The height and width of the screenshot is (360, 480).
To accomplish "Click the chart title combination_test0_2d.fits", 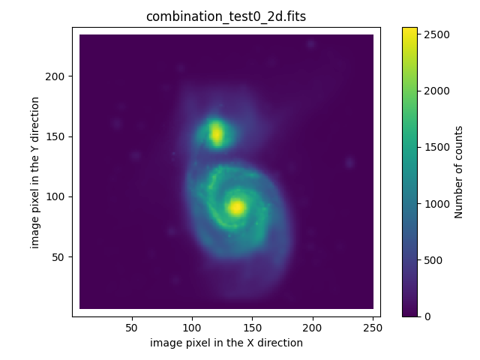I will click(226, 16).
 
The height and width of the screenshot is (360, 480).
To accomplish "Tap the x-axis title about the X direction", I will click(226, 343).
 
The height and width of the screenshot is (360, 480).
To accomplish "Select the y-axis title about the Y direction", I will click(35, 171).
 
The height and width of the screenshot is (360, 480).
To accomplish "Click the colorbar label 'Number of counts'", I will click(459, 171).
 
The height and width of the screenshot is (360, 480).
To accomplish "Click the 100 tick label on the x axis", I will click(192, 328).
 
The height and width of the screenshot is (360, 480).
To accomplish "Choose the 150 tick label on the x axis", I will click(252, 328).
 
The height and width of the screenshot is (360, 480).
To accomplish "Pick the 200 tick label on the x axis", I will click(312, 328).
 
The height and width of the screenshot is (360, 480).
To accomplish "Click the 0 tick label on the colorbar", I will click(426, 316).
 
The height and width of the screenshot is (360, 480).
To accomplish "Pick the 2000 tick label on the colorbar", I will click(434, 91).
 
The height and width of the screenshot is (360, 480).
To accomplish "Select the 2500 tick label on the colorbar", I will click(434, 34).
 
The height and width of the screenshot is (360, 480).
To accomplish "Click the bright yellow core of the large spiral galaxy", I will click(236, 208).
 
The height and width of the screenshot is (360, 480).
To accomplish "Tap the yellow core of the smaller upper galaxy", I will click(217, 134).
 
